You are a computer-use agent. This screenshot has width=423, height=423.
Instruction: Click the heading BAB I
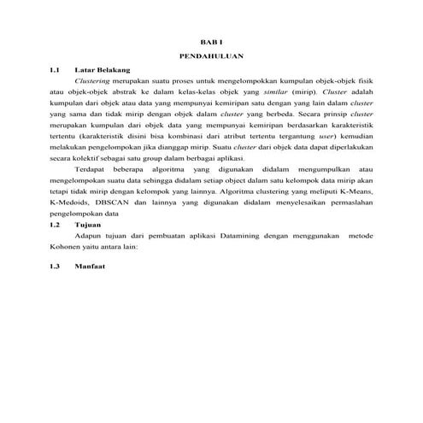[211, 42]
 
